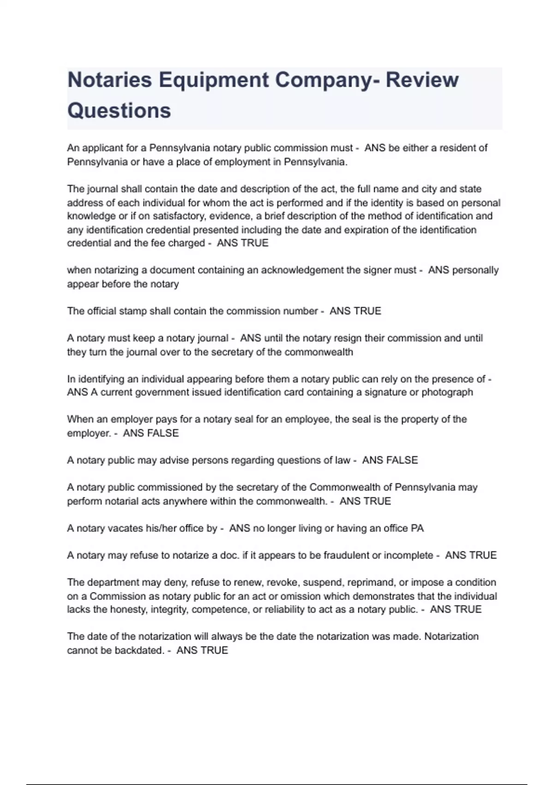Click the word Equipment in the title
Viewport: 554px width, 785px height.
(213, 80)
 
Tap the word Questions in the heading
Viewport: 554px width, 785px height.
(119, 111)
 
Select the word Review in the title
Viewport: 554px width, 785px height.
(422, 80)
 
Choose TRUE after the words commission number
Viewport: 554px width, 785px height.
(366, 311)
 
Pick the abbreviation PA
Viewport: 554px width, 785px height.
(417, 529)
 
